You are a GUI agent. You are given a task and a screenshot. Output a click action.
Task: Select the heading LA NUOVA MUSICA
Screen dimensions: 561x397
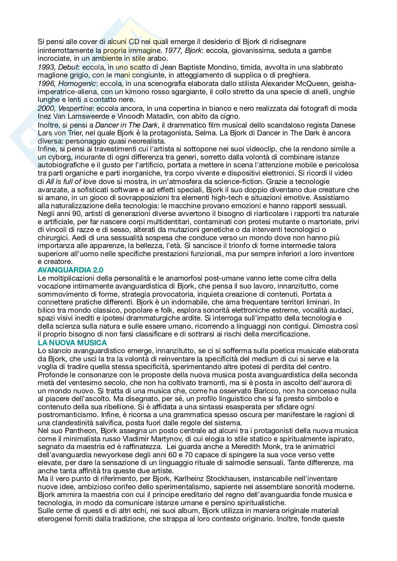72,342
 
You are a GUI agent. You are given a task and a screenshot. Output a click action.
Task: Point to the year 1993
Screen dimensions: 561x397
45,67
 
